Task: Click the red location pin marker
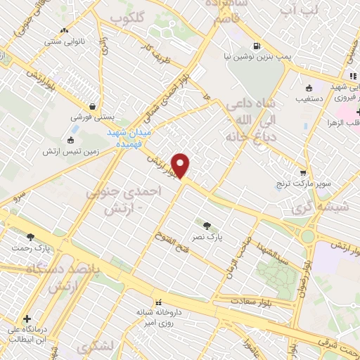181,165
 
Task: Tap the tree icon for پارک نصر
206,226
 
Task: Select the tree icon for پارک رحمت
30,237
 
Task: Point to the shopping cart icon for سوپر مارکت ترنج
303,172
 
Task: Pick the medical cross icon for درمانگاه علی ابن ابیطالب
26,318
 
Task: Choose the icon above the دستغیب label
309,89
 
